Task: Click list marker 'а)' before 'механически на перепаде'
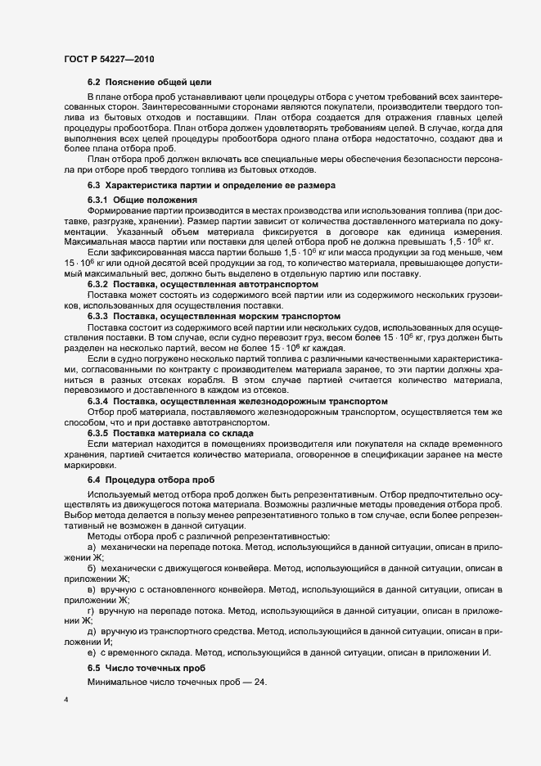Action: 92,545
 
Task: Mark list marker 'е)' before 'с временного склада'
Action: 92,652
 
